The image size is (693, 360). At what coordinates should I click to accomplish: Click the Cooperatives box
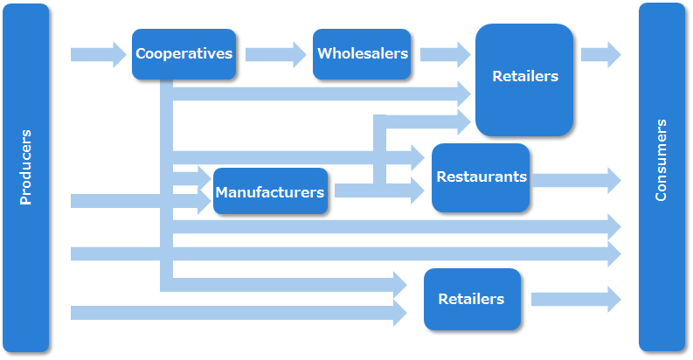(184, 54)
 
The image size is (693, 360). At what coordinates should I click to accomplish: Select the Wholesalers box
(363, 54)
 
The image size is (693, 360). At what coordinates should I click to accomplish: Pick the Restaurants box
(481, 177)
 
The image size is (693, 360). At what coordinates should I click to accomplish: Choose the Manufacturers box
(270, 192)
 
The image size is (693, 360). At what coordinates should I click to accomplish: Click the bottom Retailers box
(472, 299)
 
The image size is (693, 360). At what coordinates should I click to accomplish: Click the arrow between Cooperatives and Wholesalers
(274, 54)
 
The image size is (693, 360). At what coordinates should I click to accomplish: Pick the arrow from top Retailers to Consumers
(599, 54)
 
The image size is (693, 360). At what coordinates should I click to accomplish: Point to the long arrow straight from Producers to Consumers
(350, 254)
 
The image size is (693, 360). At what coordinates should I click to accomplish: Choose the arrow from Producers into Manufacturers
(131, 202)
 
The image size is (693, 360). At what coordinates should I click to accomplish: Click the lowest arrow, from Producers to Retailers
(236, 312)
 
